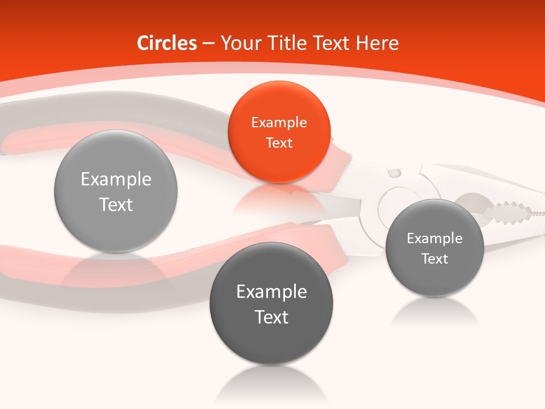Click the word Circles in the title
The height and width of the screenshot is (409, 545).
click(x=167, y=43)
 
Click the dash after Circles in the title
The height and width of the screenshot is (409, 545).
click(x=208, y=44)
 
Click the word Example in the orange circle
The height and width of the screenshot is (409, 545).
click(x=279, y=123)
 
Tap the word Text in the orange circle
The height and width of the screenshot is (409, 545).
click(x=279, y=143)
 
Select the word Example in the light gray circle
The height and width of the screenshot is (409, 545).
click(x=116, y=180)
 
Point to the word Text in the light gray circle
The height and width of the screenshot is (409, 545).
click(x=116, y=204)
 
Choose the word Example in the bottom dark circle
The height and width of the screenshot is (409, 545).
click(x=271, y=292)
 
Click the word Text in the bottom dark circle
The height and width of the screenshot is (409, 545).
click(x=271, y=317)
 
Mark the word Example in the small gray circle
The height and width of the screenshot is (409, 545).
click(x=435, y=239)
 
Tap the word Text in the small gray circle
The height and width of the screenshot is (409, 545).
click(x=435, y=259)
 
